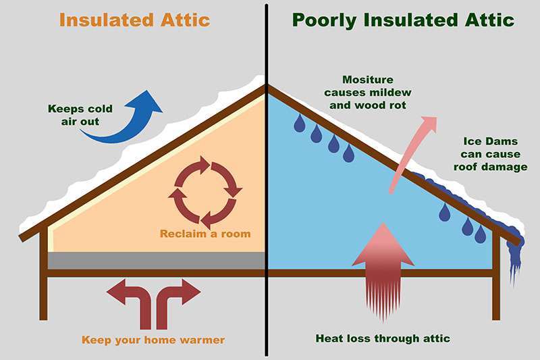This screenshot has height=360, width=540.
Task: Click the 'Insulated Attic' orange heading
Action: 134,20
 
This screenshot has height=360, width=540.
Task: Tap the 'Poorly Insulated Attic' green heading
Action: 403,20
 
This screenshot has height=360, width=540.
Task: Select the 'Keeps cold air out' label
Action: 80,115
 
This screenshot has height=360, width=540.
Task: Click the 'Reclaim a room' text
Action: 205,234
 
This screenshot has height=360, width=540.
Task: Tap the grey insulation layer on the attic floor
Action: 156,261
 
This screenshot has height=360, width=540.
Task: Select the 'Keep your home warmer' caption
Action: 153,340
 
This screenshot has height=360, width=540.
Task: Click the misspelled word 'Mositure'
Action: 368,80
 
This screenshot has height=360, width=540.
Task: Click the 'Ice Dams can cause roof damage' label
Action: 491,154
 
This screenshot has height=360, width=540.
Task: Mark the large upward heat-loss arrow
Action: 383,272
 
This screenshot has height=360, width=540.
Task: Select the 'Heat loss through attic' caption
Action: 383,338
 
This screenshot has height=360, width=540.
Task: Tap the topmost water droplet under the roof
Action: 299,124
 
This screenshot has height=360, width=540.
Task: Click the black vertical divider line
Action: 267,180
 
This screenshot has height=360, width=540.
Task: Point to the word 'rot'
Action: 398,105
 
